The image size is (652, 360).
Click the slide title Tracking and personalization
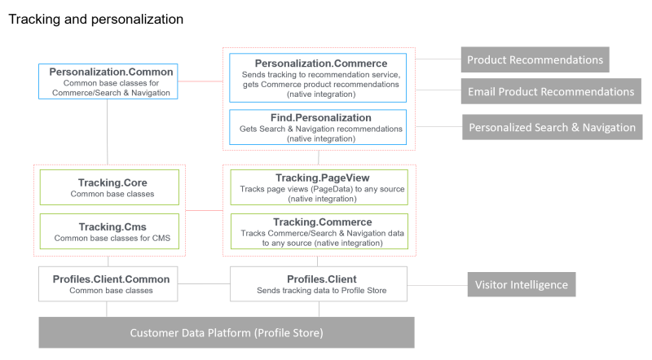click(x=96, y=18)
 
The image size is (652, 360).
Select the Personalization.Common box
click(x=111, y=81)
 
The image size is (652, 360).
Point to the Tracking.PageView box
click(x=317, y=187)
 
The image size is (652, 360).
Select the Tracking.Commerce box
click(x=317, y=232)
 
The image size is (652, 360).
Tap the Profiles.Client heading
click(x=317, y=279)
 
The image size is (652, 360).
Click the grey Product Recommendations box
click(x=535, y=59)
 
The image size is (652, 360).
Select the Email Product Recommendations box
click(x=550, y=91)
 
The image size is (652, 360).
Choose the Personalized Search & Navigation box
click(x=552, y=127)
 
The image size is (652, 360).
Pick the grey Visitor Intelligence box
click(x=522, y=284)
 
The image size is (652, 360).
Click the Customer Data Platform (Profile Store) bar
click(x=227, y=332)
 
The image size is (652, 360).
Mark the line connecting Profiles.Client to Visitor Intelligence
click(x=436, y=284)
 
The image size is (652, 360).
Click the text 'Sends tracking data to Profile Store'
click(x=317, y=291)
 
